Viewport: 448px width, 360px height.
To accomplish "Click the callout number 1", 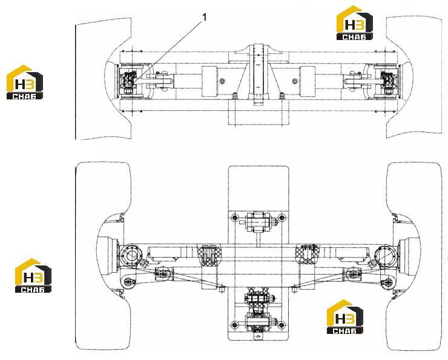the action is (204, 17).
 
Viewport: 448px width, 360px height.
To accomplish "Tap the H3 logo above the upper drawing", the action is (355, 22).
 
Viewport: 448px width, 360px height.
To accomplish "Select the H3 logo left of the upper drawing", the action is (25, 82).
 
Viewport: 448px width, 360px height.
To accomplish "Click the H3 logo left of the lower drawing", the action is (33, 275).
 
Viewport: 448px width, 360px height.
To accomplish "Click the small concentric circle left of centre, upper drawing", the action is (222, 81).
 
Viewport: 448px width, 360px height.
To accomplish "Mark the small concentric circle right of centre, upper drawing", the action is (295, 81).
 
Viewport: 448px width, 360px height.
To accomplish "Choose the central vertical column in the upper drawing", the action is (259, 74).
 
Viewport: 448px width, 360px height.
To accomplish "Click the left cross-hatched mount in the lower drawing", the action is (208, 255).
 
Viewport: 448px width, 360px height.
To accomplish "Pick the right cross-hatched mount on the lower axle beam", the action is (308, 253).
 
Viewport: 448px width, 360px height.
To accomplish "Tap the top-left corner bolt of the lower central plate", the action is (235, 217).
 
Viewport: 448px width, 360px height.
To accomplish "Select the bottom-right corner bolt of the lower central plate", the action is (282, 325).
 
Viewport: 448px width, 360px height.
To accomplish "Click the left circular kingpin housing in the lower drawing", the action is (131, 256).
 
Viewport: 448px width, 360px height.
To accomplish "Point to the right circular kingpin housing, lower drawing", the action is (386, 256).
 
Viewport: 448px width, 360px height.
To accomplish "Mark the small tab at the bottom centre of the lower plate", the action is (259, 338).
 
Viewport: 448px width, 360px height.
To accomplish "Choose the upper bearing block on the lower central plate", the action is (259, 222).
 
